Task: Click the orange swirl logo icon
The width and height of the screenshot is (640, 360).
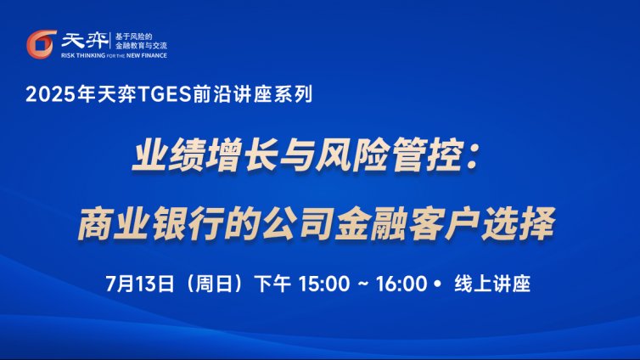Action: point(42,43)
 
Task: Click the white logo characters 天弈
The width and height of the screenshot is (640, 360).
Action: point(85,41)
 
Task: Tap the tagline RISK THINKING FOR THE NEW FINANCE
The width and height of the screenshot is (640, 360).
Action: point(114,55)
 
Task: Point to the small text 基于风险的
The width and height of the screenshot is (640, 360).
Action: point(133,37)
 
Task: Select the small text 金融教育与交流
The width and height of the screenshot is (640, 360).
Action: point(141,46)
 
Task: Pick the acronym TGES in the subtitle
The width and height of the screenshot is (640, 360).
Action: point(165,94)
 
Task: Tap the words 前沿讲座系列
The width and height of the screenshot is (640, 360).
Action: point(252,94)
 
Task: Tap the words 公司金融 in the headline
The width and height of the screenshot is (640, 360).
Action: point(334,223)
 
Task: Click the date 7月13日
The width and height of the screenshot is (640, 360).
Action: point(139,284)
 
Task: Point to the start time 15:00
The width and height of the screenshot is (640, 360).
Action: point(324,284)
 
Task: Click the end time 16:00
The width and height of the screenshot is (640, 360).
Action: point(401,284)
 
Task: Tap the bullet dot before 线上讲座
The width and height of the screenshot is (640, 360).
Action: point(437,284)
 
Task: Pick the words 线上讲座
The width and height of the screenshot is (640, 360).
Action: point(492,284)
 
